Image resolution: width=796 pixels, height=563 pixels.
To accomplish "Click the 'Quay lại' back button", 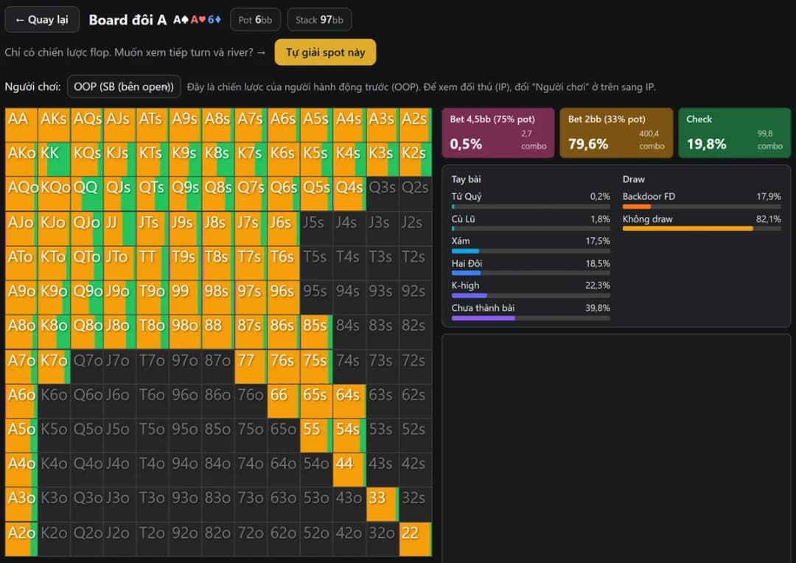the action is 41,20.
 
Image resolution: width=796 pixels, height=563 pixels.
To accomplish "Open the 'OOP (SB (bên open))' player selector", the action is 124,87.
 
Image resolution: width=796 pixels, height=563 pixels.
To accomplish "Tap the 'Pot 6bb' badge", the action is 255,20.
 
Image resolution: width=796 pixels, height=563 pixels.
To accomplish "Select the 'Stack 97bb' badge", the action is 319,20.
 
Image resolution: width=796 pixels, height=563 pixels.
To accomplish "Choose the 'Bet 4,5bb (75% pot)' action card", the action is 498,133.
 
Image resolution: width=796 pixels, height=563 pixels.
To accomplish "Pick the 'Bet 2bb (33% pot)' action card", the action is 616,133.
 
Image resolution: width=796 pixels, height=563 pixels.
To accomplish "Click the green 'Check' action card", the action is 735,133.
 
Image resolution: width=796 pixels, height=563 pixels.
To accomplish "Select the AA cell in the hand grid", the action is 21,125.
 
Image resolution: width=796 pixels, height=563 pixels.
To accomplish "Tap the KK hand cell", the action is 54,159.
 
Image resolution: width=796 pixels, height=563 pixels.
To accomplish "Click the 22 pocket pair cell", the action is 415,539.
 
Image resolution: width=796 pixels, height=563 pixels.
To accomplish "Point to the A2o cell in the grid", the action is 21,539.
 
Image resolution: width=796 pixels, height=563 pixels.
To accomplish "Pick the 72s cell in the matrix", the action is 415,366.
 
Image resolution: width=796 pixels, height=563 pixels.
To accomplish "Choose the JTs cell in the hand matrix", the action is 153,228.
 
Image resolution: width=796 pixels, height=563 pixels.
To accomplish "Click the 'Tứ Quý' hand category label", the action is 467,197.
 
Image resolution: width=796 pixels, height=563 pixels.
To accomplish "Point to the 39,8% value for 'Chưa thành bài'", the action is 598,307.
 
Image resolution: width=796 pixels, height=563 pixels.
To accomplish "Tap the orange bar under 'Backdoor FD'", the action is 637,206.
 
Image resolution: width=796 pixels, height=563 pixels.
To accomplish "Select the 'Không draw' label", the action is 647,219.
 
